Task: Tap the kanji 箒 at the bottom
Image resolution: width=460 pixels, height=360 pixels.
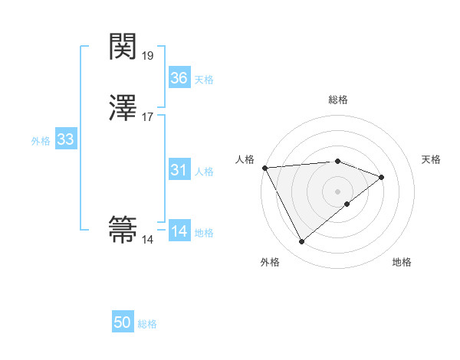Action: (123, 228)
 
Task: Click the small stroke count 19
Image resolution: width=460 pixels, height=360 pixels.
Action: (148, 56)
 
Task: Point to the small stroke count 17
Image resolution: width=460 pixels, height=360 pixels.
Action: (148, 117)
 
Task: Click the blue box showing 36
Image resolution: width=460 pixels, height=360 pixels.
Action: (179, 78)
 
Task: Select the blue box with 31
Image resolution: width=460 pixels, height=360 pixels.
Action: (179, 171)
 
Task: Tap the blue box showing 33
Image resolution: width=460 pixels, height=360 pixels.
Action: (65, 140)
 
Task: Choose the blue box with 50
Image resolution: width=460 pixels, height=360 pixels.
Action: (123, 323)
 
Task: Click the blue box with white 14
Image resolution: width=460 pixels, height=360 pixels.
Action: (179, 232)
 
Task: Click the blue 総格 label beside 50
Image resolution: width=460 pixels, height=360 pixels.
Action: (147, 325)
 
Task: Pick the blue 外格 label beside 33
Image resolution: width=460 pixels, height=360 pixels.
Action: (41, 141)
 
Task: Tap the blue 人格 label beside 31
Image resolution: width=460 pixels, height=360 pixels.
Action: (204, 172)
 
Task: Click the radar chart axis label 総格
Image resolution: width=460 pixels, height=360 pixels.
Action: (338, 100)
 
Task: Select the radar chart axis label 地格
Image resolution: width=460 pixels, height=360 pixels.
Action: (402, 263)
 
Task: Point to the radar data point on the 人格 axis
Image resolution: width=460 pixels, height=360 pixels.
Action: (264, 168)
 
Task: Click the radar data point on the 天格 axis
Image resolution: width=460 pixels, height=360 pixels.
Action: (381, 177)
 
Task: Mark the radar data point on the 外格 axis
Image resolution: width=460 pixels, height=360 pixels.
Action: (302, 242)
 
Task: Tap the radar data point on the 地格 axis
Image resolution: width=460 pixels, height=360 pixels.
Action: (347, 204)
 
